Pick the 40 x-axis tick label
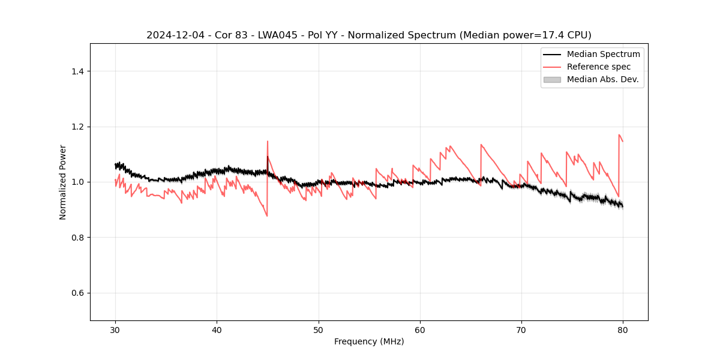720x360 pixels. [x=217, y=330]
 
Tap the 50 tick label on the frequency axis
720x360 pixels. [x=319, y=330]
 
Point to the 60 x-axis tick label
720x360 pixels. [x=420, y=330]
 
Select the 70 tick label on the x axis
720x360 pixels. [x=521, y=330]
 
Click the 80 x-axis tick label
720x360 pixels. [x=623, y=330]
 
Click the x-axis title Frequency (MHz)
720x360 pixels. [x=369, y=341]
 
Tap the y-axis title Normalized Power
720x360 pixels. [x=63, y=182]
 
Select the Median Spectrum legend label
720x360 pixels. [x=603, y=54]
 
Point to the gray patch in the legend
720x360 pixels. [x=552, y=79]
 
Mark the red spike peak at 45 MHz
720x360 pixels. [x=268, y=142]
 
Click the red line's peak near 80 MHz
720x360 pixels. [x=619, y=135]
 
